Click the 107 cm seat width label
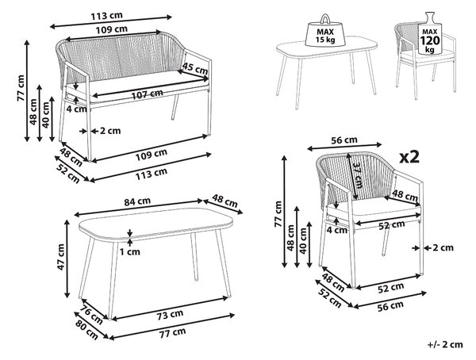coord(148,94)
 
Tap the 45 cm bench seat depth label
coord(194,68)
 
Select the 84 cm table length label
coord(137,201)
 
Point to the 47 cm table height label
coord(61,257)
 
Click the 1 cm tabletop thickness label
coord(129,252)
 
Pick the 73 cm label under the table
coord(171,314)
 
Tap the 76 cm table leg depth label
coord(91,315)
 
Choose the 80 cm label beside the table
coord(86,330)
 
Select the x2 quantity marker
coord(409,157)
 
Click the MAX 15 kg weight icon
coord(324,31)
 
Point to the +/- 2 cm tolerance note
coord(445,344)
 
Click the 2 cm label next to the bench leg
coord(110,131)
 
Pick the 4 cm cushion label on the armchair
coord(337,230)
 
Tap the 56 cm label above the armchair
coord(344,140)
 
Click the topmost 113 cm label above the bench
coord(106,16)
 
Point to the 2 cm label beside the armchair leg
coord(443,247)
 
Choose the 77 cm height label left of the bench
coord(21,88)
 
